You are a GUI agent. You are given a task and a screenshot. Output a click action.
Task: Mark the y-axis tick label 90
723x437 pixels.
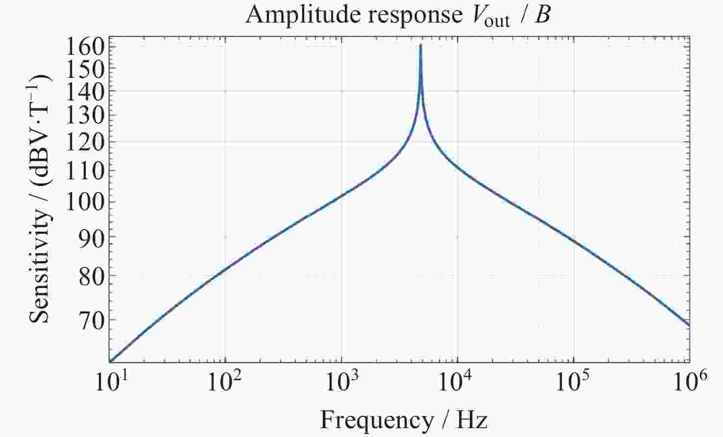click(x=92, y=237)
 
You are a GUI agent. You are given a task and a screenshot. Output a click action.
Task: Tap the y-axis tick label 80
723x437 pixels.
click(x=92, y=275)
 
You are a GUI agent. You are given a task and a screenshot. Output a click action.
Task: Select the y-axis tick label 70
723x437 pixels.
click(x=92, y=319)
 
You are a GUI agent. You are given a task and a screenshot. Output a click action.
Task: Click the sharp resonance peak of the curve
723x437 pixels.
click(x=421, y=46)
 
